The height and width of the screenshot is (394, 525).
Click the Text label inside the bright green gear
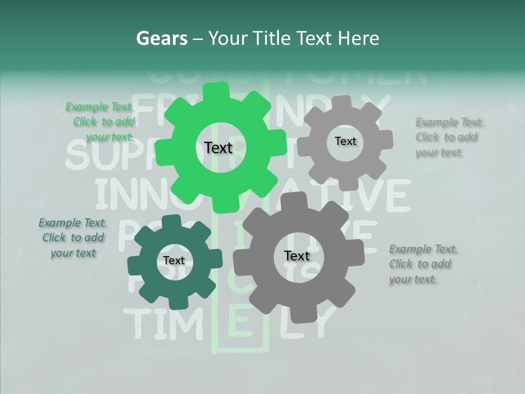coord(218,148)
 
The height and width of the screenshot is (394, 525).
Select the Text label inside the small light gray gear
coord(345,141)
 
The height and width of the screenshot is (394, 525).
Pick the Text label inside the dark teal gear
coord(174,260)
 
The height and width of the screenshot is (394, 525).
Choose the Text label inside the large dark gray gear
coord(296,256)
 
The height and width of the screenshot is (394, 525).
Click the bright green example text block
coord(101,122)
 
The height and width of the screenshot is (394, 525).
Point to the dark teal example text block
coord(73,237)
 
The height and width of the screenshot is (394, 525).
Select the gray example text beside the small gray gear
coord(449,137)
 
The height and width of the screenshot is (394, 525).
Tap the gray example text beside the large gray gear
coord(423,264)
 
